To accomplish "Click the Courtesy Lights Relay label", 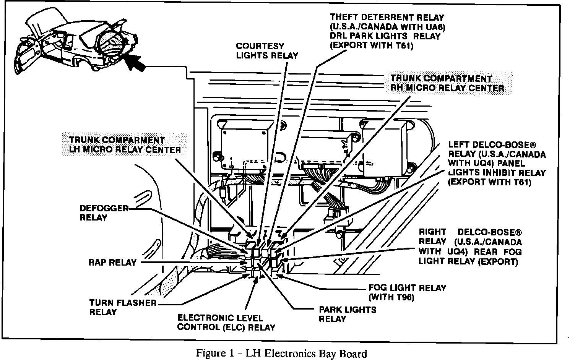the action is [267, 51].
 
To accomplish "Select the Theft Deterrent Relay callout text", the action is [387, 31].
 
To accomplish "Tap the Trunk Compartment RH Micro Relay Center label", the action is [447, 83].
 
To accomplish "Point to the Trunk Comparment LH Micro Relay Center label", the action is [125, 145].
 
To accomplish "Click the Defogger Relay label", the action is [104, 213].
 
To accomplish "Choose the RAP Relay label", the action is [112, 263].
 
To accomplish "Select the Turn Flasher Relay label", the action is [123, 307].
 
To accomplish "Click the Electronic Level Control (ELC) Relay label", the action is [226, 323].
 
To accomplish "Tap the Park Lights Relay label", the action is [348, 314].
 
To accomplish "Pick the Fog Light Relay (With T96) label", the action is [408, 292].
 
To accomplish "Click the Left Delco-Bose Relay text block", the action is [497, 164].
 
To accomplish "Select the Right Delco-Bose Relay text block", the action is [470, 246].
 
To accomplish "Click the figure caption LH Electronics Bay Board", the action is [282, 354].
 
